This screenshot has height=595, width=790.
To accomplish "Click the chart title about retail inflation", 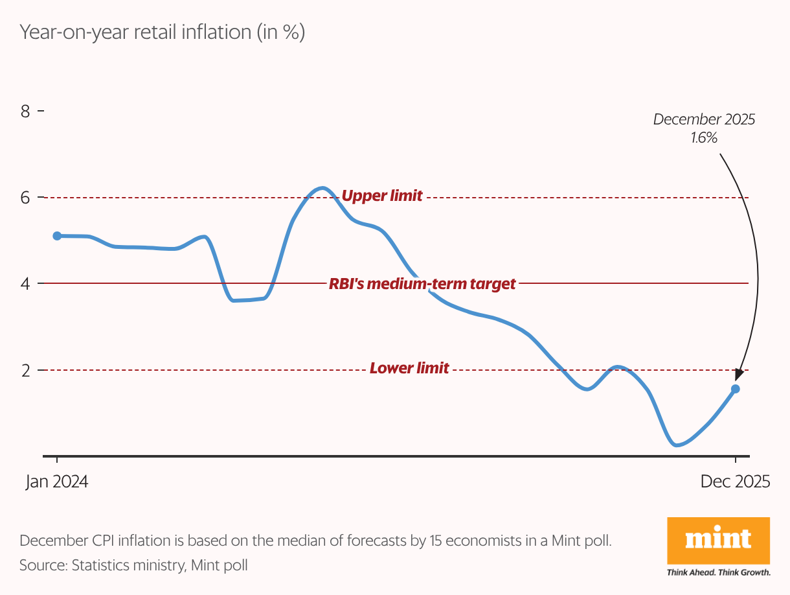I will [162, 32].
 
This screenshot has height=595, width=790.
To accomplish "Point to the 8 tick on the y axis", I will [26, 111].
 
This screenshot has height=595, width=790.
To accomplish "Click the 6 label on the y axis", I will [26, 198].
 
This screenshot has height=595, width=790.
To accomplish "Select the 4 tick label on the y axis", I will [26, 284].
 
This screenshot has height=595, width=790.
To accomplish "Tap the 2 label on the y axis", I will [26, 370].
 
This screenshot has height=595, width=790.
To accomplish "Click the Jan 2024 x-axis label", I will [57, 482].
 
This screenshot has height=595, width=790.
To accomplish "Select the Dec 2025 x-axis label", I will [735, 482].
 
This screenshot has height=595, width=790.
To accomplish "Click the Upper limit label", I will [381, 196].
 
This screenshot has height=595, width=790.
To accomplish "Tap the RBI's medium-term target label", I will [422, 284].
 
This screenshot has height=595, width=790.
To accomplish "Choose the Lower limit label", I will [409, 369].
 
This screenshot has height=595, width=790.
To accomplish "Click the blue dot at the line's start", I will [57, 236].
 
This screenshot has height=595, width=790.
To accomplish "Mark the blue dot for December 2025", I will [736, 389].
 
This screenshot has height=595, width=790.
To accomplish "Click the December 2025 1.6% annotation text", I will [704, 128].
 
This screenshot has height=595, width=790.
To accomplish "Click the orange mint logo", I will [718, 541].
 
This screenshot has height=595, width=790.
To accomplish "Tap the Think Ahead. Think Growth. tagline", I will [718, 572].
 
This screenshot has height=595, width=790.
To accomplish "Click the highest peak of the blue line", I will [322, 188].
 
